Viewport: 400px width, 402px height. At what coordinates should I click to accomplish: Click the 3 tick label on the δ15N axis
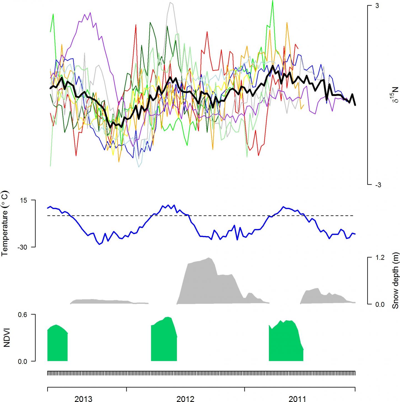click(x=377, y=6)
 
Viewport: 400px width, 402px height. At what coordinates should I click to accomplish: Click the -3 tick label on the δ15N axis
click(x=378, y=185)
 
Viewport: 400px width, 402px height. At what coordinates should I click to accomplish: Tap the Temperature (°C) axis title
click(x=5, y=223)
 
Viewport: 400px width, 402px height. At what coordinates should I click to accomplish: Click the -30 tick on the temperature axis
click(x=22, y=247)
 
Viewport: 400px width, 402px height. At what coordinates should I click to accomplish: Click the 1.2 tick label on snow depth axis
click(x=380, y=257)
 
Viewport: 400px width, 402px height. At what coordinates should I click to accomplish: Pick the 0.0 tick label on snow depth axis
click(x=380, y=304)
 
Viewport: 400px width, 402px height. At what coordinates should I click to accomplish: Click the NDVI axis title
click(x=6, y=338)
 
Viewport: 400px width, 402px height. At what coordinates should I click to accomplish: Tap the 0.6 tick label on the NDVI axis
click(x=22, y=314)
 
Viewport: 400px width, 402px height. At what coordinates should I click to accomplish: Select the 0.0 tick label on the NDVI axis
click(x=22, y=361)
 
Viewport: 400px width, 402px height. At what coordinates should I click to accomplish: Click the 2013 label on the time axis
click(x=83, y=399)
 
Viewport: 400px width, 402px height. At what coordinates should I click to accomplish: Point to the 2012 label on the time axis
click(x=185, y=399)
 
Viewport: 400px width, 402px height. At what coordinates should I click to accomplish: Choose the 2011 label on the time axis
click(x=297, y=399)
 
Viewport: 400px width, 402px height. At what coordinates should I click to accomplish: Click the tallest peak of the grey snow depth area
click(x=208, y=258)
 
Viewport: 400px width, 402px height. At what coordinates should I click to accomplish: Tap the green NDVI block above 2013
click(x=57, y=344)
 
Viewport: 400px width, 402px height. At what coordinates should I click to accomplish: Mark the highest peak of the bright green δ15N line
click(x=272, y=1)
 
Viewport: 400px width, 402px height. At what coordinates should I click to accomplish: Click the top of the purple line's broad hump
click(x=90, y=13)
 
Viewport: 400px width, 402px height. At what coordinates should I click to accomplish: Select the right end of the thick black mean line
click(x=355, y=105)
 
